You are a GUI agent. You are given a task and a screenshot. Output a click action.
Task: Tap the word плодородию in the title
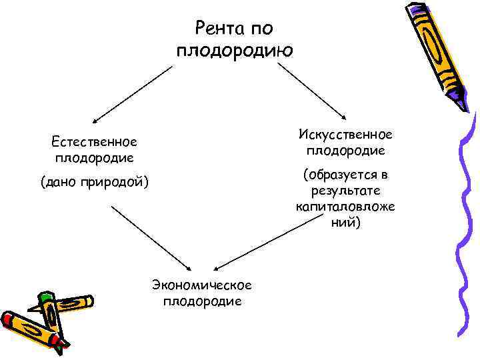click(234, 51)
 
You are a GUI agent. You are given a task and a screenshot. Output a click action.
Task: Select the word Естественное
click(94, 141)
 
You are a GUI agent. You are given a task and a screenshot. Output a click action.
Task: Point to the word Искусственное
click(345, 135)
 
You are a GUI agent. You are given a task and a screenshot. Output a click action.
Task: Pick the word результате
click(345, 191)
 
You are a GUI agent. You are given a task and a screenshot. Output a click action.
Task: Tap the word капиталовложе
click(345, 207)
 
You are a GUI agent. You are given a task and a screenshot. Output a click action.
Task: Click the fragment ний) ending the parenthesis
click(345, 223)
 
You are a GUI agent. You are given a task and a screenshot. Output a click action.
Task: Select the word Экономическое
click(202, 285)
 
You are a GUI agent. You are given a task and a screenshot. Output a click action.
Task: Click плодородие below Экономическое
click(202, 301)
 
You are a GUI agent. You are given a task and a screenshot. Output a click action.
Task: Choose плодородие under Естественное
click(94, 157)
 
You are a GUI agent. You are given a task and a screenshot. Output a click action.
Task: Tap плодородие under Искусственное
click(345, 151)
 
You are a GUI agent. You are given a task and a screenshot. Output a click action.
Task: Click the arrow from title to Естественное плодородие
click(133, 93)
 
